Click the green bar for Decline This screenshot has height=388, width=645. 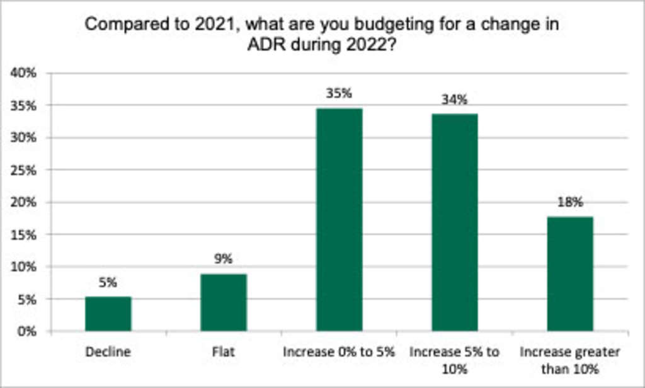click(108, 314)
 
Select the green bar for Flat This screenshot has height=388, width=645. click(224, 302)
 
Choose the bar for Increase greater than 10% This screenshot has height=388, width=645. click(569, 273)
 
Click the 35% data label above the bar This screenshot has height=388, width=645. click(339, 94)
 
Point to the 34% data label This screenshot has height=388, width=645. click(454, 100)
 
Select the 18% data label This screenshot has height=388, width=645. click(569, 202)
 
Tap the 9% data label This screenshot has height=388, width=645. click(224, 259)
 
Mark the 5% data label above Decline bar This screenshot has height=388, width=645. click(108, 283)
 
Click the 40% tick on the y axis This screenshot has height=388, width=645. click(24, 73)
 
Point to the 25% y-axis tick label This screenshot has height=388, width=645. click(24, 170)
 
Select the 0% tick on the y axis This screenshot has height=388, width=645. click(27, 331)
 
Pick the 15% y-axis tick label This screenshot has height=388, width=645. click(24, 234)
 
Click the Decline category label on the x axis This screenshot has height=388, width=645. click(108, 352)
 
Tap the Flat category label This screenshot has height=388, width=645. click(224, 352)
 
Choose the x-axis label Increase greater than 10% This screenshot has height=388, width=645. click(569, 359)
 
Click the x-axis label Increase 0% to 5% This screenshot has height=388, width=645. click(339, 352)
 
